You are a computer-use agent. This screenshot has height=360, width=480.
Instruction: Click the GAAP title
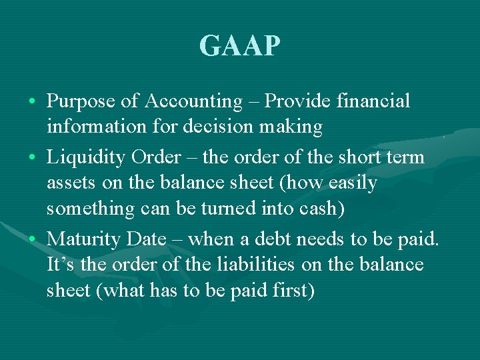(x=240, y=46)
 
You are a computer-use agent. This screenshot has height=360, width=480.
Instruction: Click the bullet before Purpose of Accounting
(x=33, y=102)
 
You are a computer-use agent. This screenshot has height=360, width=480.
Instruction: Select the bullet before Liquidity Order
(x=33, y=158)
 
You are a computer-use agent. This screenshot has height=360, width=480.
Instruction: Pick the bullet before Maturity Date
(x=33, y=239)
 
